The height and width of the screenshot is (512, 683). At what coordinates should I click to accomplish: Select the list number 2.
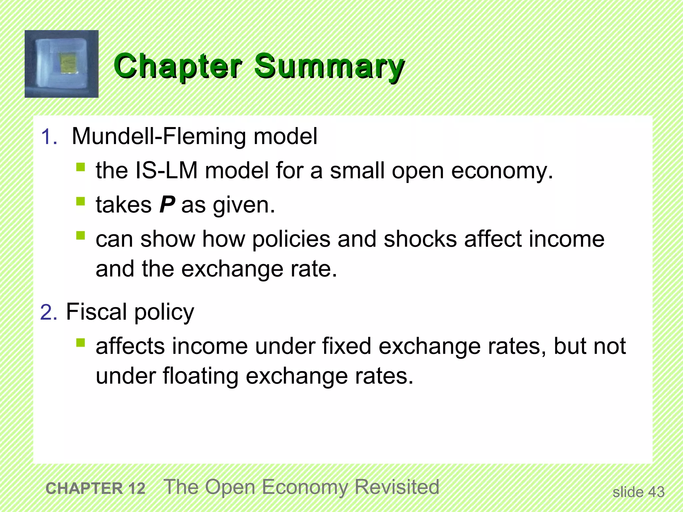point(48,313)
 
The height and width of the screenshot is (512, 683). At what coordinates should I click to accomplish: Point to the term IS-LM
point(166,171)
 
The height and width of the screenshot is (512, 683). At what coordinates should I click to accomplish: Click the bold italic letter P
point(167,205)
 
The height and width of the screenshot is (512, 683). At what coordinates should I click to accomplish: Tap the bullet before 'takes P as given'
point(80,201)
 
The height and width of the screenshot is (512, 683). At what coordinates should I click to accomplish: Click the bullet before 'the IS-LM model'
point(80,167)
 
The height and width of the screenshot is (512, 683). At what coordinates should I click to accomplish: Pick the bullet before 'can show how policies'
point(80,236)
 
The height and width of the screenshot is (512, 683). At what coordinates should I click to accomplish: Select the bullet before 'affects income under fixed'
point(80,343)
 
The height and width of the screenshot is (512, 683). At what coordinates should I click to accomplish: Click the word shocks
point(420,239)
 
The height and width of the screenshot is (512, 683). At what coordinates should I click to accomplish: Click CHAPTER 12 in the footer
point(95,489)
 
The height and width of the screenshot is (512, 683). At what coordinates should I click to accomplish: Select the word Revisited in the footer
point(397,487)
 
